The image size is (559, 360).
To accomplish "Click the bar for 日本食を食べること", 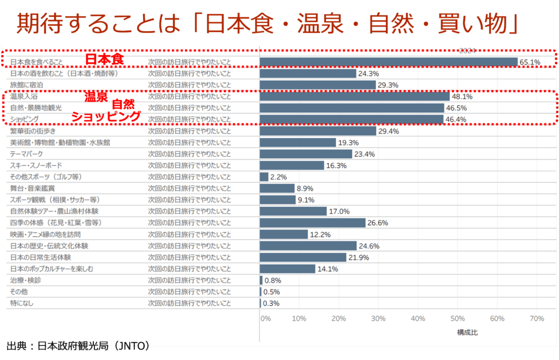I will (x=388, y=62).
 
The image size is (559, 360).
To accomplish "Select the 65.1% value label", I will (x=530, y=62).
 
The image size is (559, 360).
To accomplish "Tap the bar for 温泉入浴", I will (x=354, y=97).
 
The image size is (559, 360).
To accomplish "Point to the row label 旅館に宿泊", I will (x=27, y=85).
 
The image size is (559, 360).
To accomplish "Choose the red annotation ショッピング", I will (x=106, y=116).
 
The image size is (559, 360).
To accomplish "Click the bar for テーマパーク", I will (x=306, y=154).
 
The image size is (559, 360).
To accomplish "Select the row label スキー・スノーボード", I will (x=36, y=165).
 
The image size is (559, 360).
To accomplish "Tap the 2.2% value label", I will (x=278, y=177).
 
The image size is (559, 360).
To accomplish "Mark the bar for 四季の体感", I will (x=312, y=223).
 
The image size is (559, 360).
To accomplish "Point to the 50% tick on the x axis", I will (x=457, y=319).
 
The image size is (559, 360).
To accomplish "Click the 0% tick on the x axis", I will (x=265, y=319).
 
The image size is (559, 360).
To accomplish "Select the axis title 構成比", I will (x=467, y=332).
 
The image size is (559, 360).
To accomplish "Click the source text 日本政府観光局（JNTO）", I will (x=78, y=346).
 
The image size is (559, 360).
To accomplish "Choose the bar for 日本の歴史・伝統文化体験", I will (x=308, y=245).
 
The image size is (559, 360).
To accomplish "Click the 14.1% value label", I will (x=328, y=269).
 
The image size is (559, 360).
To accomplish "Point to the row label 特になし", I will (x=22, y=303).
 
